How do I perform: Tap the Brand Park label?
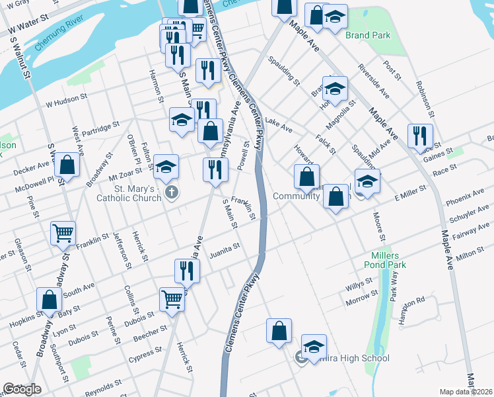[x=368, y=35]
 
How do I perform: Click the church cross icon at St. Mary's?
[x=171, y=193]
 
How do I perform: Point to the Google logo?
[x=22, y=389]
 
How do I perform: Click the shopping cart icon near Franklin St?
[x=63, y=232]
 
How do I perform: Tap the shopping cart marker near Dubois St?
[x=172, y=299]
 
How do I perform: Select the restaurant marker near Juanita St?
[x=187, y=270]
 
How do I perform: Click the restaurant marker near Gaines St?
[x=420, y=136]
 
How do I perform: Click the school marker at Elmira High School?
[x=314, y=347]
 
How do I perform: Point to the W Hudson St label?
[x=66, y=100]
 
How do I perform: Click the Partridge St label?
[x=98, y=125]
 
